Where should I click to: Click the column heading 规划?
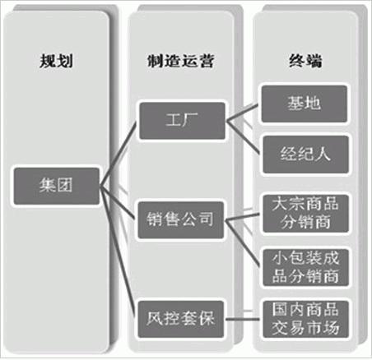click(56, 61)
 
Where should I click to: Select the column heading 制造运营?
click(181, 61)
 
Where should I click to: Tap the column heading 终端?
click(305, 61)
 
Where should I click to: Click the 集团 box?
click(56, 187)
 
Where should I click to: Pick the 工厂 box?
click(182, 121)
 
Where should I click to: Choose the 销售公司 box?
click(180, 220)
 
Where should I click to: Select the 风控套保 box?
click(180, 319)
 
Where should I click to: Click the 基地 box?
click(305, 104)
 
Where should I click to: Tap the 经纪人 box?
click(305, 155)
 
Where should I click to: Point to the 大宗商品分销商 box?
click(305, 214)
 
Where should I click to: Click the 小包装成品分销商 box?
click(305, 267)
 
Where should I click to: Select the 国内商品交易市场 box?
click(305, 319)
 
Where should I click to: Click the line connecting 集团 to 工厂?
click(119, 155)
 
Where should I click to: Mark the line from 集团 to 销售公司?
click(118, 203)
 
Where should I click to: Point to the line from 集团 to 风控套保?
click(118, 252)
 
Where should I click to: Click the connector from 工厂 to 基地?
click(242, 113)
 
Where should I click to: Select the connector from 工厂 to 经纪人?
click(243, 137)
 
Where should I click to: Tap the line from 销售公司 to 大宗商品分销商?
click(242, 217)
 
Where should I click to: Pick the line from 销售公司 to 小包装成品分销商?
click(242, 243)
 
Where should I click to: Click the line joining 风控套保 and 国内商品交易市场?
click(242, 319)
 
